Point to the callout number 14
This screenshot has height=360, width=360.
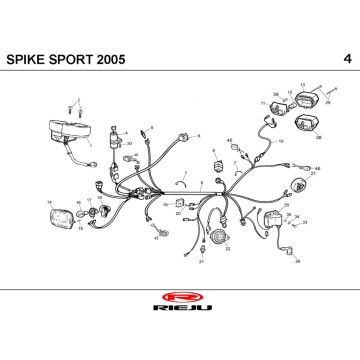48,202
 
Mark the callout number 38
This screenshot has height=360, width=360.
319,135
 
